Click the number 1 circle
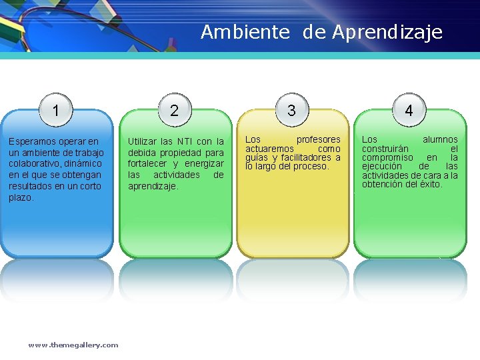point(57,111)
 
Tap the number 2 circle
point(174,111)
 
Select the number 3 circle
point(291,111)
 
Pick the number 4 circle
point(409,111)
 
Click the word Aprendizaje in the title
point(387,32)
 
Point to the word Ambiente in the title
point(245,32)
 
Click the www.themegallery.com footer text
point(73,345)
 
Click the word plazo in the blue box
point(21,198)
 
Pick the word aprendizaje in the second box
point(153,187)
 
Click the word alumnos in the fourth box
point(440,139)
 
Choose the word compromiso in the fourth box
point(386,157)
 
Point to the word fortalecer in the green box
point(147,164)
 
